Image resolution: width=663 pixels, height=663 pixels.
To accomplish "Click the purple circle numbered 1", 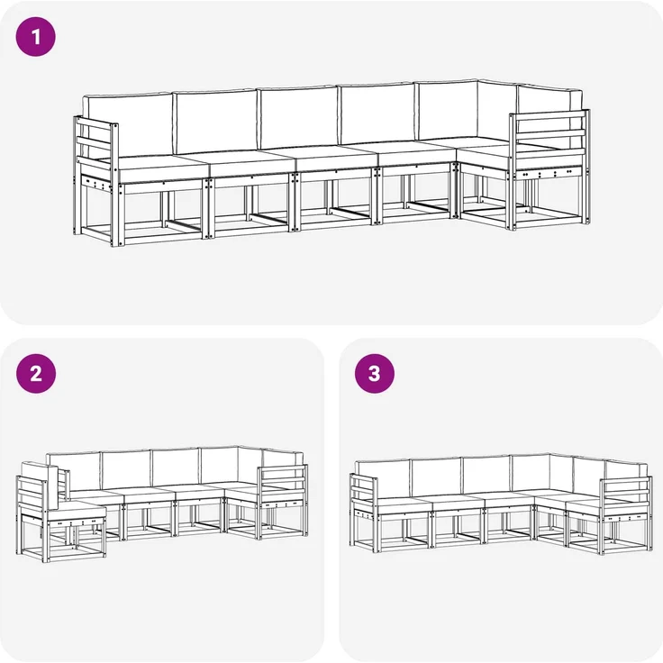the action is coord(35,37).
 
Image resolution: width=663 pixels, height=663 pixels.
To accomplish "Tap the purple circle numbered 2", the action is coord(35,373).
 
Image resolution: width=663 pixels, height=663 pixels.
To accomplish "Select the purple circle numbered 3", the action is coord(374,373).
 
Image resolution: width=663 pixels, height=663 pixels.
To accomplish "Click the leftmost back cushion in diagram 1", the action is coord(128,126).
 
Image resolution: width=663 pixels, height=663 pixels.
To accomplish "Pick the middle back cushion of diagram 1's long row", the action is coord(298,117).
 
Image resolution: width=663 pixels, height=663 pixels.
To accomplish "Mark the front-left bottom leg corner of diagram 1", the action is coord(112,245).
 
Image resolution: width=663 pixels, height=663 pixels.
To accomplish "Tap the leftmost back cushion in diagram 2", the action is coord(75,472).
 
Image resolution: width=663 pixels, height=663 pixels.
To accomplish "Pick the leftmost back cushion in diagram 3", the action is coord(383,480).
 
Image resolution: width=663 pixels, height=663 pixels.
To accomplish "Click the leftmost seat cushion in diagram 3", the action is coord(401,505).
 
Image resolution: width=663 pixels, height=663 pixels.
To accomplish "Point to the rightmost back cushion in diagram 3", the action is coord(626,477).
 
